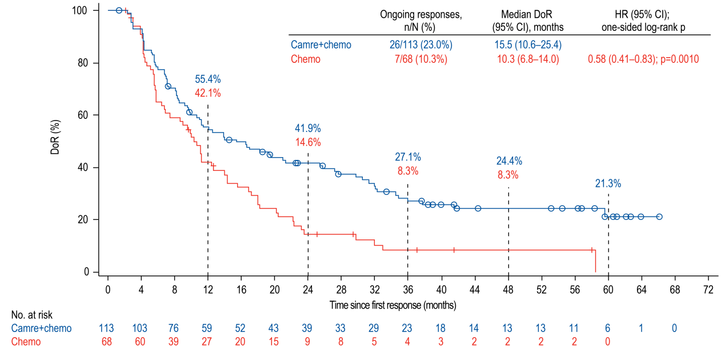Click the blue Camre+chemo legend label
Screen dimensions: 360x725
(x=321, y=45)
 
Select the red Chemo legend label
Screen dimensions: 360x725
(x=306, y=59)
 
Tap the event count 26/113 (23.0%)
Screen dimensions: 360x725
(x=420, y=45)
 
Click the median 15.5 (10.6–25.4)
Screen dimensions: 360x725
(x=528, y=45)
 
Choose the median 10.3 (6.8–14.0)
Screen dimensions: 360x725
(x=528, y=59)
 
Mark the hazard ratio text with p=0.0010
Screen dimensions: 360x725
(x=643, y=59)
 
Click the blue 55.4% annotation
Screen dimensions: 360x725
(x=208, y=79)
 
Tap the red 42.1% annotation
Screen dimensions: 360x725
(x=208, y=93)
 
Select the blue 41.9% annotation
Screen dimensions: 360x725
(x=308, y=129)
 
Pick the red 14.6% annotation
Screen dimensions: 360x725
(x=308, y=142)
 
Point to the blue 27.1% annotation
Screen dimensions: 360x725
(x=408, y=157)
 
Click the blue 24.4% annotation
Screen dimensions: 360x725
(x=508, y=161)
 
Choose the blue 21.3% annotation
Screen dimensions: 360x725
(x=608, y=184)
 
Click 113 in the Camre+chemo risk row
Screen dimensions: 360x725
(x=106, y=328)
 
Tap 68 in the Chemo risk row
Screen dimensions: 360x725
(x=106, y=342)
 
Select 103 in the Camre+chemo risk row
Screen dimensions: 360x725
(x=139, y=328)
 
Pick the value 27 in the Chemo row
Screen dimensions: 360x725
(x=206, y=342)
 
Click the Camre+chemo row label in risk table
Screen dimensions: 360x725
(x=42, y=328)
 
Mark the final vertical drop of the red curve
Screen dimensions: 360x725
(x=596, y=261)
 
